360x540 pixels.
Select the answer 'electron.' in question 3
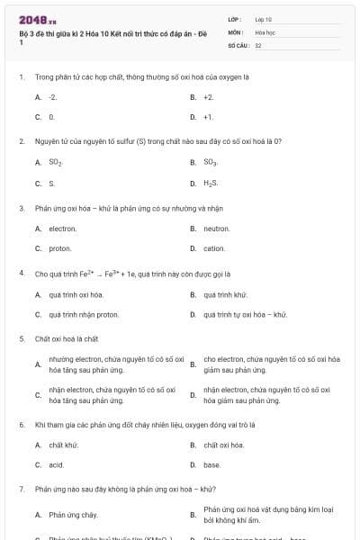click(63, 229)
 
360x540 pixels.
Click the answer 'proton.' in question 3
click(60, 248)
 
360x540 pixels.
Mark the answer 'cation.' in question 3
click(214, 248)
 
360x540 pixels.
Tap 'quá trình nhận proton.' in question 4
click(84, 315)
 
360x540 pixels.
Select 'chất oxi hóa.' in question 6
click(224, 445)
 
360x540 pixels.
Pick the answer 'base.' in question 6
click(211, 464)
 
